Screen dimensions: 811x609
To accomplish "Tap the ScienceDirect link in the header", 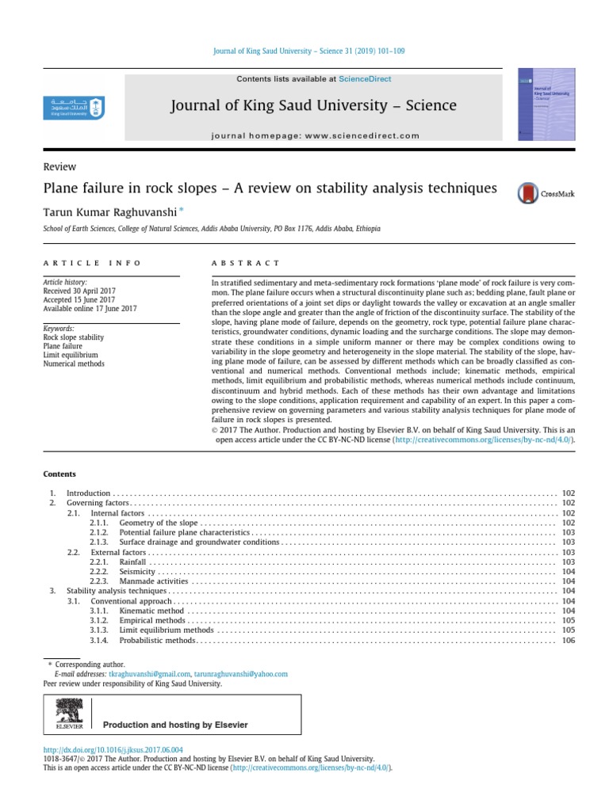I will [x=365, y=79].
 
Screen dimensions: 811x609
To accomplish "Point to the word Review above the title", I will [x=59, y=167].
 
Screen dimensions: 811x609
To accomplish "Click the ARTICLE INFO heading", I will [x=92, y=263].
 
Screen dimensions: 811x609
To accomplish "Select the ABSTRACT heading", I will [x=245, y=263].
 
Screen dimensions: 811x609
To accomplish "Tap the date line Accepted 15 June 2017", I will [x=79, y=299].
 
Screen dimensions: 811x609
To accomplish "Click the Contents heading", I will [x=59, y=474].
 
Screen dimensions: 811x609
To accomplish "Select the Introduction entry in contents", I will [x=88, y=493].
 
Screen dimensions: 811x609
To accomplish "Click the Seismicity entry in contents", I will [x=137, y=571].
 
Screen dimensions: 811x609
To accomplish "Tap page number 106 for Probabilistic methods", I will [x=568, y=640].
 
